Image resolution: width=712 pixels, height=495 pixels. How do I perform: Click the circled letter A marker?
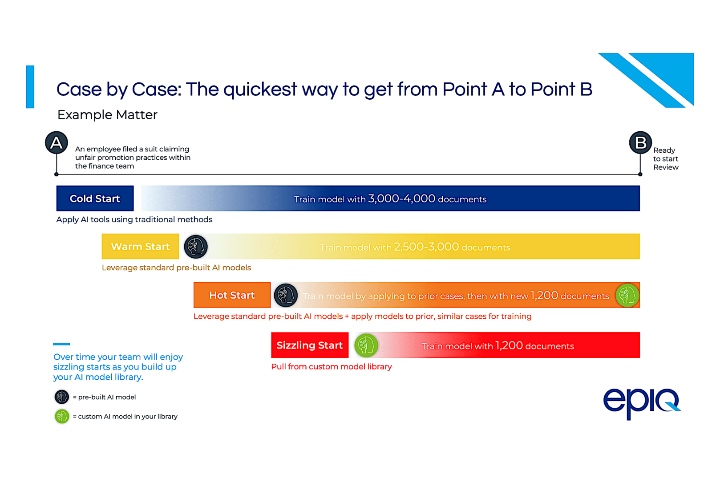pyautogui.click(x=57, y=142)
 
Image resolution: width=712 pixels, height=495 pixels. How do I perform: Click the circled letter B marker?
pyautogui.click(x=640, y=142)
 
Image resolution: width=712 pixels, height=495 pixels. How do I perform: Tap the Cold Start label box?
pyautogui.click(x=95, y=199)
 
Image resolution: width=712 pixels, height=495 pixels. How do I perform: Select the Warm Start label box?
pyautogui.click(x=140, y=247)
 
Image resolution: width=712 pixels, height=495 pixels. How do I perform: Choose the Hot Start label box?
pyautogui.click(x=232, y=295)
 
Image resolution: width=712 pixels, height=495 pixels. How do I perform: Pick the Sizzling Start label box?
pyautogui.click(x=310, y=345)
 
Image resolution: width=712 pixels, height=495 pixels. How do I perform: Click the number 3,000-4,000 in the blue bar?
pyautogui.click(x=401, y=199)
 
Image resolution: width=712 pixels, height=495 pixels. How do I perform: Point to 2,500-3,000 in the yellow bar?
pyautogui.click(x=426, y=247)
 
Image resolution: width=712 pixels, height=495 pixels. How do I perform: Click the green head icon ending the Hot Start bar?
pyautogui.click(x=627, y=295)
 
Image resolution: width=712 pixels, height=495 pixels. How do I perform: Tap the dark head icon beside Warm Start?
pyautogui.click(x=196, y=247)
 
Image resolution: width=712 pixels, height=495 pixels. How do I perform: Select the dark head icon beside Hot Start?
pyautogui.click(x=286, y=295)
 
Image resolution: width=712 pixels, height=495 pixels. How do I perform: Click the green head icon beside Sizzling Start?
pyautogui.click(x=366, y=345)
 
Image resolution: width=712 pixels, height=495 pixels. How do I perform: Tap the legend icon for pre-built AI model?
pyautogui.click(x=62, y=397)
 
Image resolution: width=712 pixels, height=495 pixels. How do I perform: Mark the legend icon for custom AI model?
pyautogui.click(x=62, y=416)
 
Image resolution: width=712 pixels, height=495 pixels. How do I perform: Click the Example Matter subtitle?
pyautogui.click(x=107, y=115)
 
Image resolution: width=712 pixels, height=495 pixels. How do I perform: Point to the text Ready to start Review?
pyautogui.click(x=665, y=159)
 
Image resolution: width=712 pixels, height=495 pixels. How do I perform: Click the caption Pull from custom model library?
pyautogui.click(x=332, y=367)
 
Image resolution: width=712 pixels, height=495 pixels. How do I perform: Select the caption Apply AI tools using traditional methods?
pyautogui.click(x=134, y=219)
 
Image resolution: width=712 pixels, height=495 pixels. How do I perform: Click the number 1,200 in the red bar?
pyautogui.click(x=509, y=345)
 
